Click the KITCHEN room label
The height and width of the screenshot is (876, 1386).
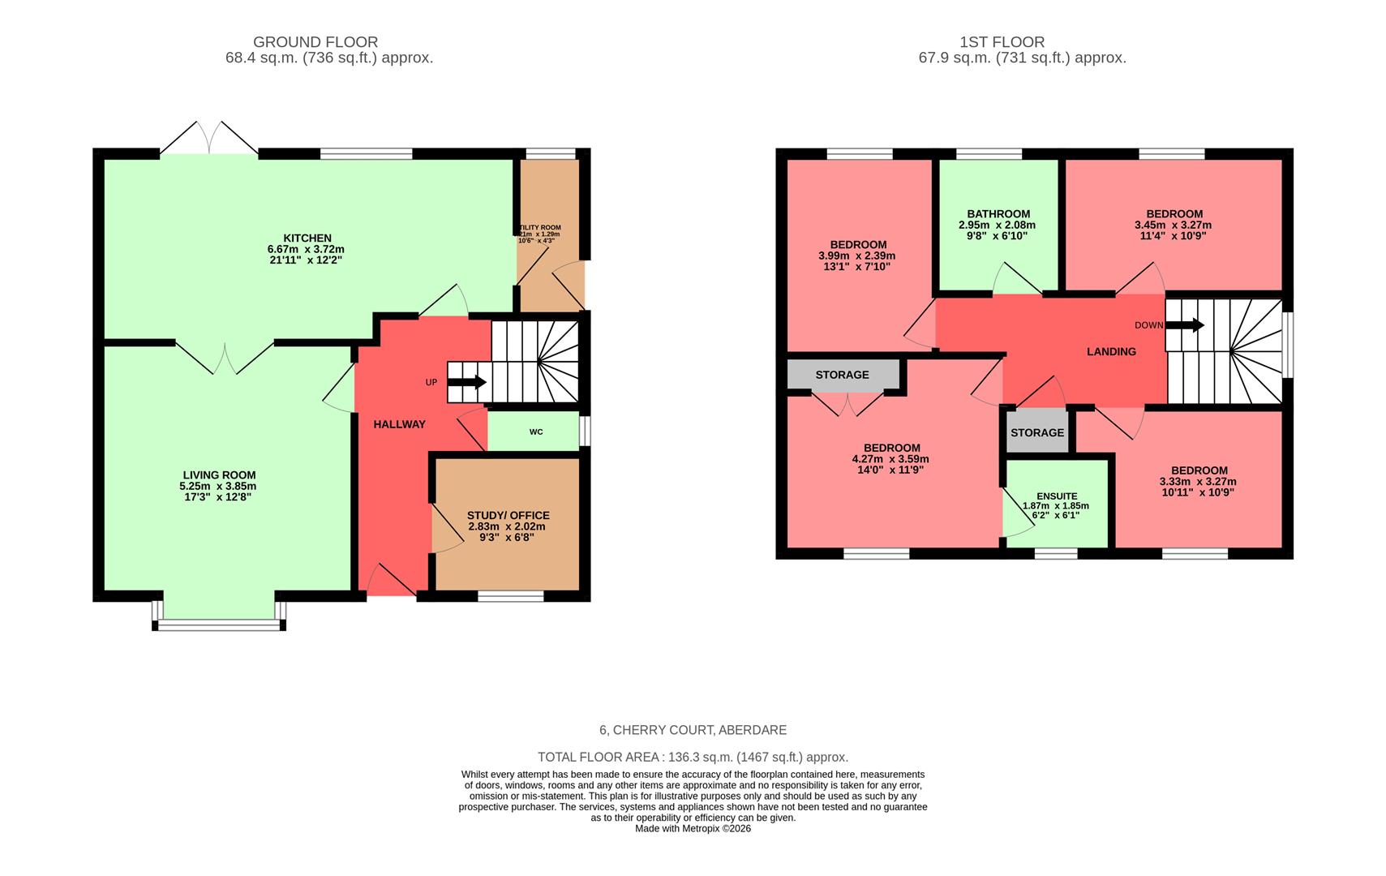click(x=307, y=238)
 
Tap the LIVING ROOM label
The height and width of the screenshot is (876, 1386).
click(x=219, y=475)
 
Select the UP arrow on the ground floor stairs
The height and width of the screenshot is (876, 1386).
click(x=467, y=382)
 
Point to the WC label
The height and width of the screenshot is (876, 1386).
click(x=536, y=432)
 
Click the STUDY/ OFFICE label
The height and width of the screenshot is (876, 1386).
click(x=508, y=515)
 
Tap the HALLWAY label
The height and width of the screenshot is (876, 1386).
click(x=399, y=424)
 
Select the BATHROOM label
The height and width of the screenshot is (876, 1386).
click(x=998, y=214)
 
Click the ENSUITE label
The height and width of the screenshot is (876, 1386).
click(x=1057, y=496)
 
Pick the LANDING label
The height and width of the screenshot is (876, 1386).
click(x=1111, y=351)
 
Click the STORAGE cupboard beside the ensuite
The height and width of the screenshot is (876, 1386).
click(x=1037, y=432)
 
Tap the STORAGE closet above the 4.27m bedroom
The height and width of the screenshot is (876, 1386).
click(x=842, y=375)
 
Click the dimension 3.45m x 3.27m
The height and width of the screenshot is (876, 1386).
click(x=1174, y=225)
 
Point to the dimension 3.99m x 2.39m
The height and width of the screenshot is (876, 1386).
click(x=857, y=255)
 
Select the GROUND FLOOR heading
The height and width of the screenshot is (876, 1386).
click(x=315, y=42)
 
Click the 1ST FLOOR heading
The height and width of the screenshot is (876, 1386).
click(x=1002, y=42)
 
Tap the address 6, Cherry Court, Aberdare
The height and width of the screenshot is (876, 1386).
click(x=693, y=730)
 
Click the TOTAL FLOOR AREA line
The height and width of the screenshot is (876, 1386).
click(x=693, y=757)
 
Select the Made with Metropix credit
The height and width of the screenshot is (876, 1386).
click(x=693, y=828)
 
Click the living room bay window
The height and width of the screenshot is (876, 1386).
click(x=219, y=624)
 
